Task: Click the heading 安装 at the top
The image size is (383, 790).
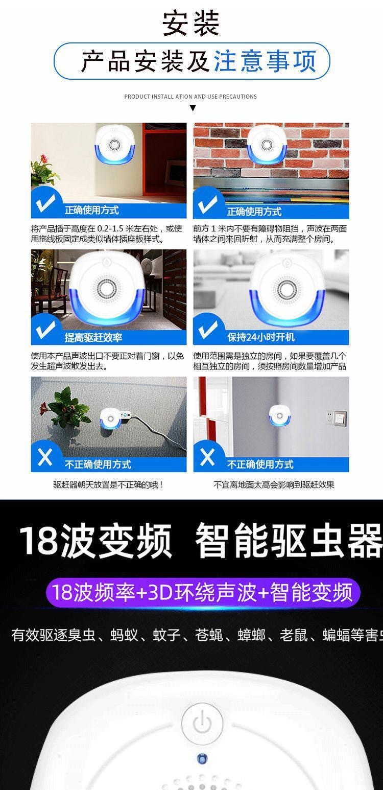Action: [190, 24]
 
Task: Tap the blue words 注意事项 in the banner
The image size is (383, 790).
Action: [265, 61]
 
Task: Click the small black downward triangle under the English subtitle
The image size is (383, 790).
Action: [193, 108]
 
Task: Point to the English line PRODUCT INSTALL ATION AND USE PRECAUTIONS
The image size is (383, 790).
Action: [190, 97]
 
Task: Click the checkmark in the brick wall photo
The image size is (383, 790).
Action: [207, 204]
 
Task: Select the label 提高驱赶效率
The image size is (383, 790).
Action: [93, 338]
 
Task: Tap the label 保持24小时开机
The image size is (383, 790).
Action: [261, 337]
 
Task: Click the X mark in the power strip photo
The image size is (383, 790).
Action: [45, 457]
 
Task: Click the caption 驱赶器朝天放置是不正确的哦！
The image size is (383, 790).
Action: [108, 484]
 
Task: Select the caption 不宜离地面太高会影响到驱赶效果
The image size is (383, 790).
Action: [274, 484]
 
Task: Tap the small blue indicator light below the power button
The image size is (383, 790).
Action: [202, 758]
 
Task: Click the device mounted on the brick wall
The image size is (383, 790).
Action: [267, 146]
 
